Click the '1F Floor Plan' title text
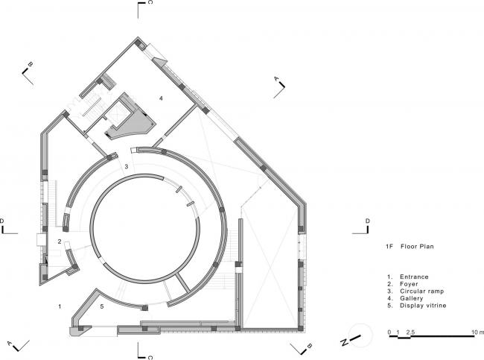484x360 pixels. coord(410,247)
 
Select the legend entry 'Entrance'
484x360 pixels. coord(414,277)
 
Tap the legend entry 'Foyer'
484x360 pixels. coord(409,284)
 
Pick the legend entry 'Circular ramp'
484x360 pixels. coord(421,291)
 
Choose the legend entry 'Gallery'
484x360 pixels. coord(411,298)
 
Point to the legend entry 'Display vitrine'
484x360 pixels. coord(423,306)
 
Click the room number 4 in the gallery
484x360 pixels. coord(161,98)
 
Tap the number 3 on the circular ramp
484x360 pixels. coord(127,166)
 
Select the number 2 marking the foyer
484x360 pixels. coord(60,241)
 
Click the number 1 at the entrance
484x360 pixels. coord(60,306)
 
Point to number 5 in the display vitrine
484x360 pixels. coord(102,306)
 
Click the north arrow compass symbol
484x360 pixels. coord(358,336)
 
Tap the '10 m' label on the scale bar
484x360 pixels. coord(478,332)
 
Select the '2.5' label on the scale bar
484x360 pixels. coord(410,332)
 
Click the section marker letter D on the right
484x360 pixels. coord(367,221)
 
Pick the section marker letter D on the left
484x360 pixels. coord(1,221)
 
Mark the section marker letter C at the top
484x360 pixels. coord(150,2)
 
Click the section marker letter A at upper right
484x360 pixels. coord(276,79)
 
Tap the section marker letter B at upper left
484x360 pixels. coord(30,64)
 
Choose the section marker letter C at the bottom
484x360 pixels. coord(150,357)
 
